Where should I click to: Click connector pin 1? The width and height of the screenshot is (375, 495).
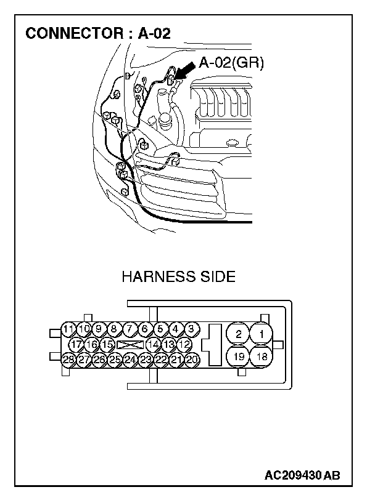(262, 334)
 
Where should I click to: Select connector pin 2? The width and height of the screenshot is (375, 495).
(238, 334)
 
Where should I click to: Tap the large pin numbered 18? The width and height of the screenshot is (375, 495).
(262, 356)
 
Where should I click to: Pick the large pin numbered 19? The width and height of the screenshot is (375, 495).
(238, 356)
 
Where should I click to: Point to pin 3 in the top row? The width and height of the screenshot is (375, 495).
(191, 328)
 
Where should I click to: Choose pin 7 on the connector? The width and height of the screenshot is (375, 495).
(130, 328)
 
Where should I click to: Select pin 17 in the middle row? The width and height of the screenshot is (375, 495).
(76, 344)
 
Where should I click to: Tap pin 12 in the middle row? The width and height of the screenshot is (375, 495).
(184, 344)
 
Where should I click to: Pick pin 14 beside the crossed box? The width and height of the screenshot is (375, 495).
(153, 344)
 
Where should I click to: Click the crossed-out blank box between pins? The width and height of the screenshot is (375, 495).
(130, 344)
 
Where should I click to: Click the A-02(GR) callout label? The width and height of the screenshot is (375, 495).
(231, 62)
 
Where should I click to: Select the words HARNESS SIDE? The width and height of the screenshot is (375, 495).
(178, 276)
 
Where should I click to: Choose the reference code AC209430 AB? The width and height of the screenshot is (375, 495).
(302, 475)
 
